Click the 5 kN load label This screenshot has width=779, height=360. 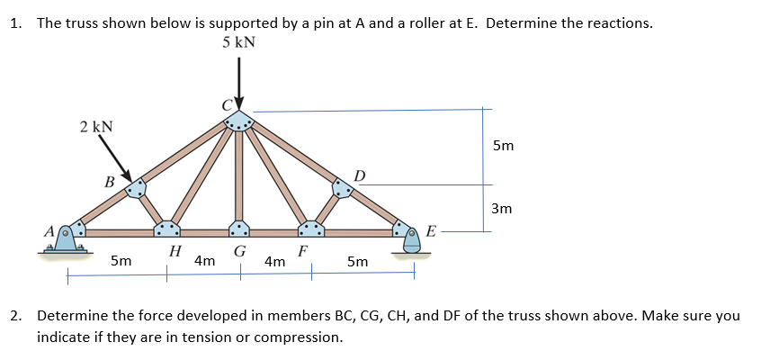[x=238, y=42]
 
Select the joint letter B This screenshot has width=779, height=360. [x=110, y=182]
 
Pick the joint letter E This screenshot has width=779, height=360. [x=432, y=232]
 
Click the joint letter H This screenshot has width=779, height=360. [x=175, y=251]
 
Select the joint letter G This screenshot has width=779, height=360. [x=240, y=251]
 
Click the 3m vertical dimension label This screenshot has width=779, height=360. [x=502, y=209]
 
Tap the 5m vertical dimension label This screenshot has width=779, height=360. [x=505, y=145]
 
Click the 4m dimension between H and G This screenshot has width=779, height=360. [x=204, y=261]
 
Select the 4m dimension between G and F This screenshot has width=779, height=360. [x=276, y=261]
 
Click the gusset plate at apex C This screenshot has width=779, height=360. [x=238, y=120]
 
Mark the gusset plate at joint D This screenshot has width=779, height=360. [x=342, y=187]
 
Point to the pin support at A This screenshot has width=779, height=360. [x=67, y=238]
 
